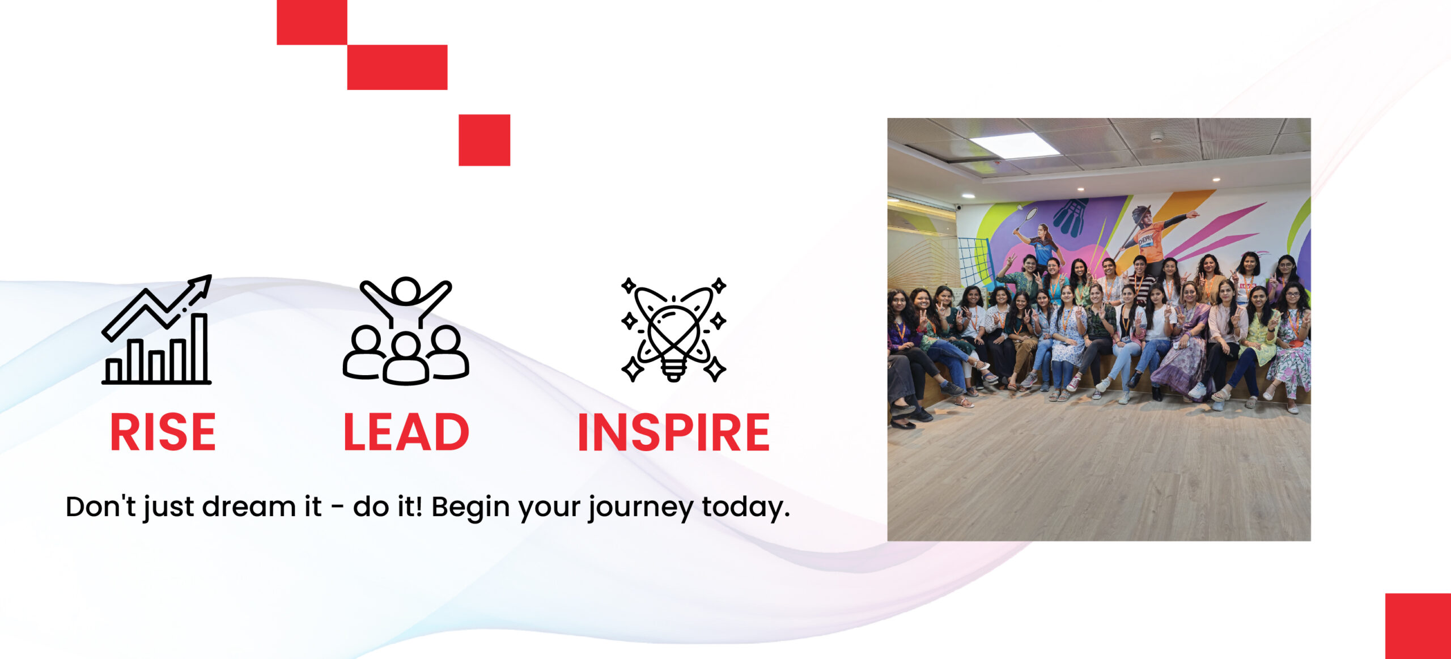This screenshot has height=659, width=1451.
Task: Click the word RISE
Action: (x=163, y=432)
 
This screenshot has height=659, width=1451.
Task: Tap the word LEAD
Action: (x=406, y=432)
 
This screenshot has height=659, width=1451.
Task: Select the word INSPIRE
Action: (x=673, y=432)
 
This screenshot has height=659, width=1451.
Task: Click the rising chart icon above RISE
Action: (x=157, y=330)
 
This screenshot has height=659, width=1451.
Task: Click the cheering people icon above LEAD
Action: (x=406, y=330)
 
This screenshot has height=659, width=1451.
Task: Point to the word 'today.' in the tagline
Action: (x=746, y=507)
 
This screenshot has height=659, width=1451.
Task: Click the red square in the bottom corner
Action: (x=1418, y=626)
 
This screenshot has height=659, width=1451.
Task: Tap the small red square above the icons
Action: (x=484, y=140)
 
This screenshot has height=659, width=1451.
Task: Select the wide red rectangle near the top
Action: (x=397, y=67)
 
